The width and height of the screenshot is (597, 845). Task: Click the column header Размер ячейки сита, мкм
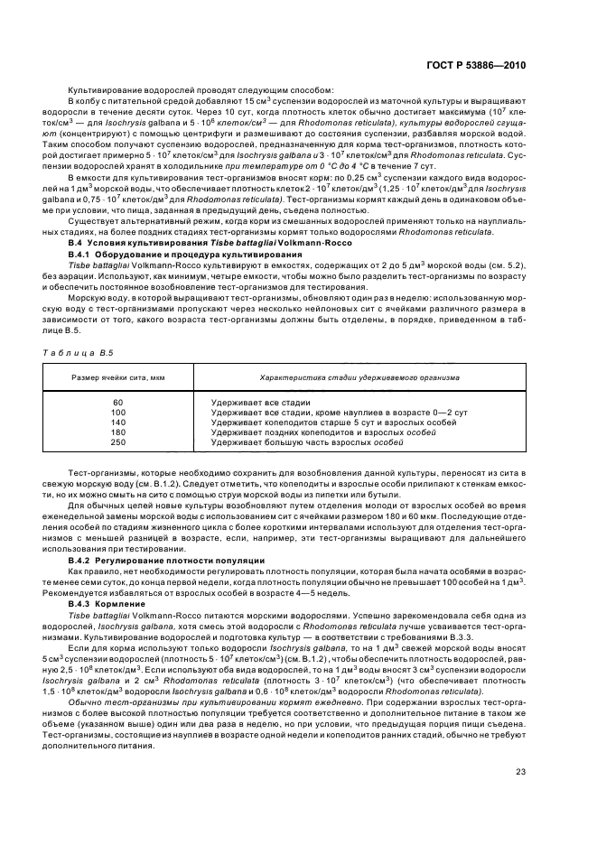(118, 377)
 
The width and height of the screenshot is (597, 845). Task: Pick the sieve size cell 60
(118, 402)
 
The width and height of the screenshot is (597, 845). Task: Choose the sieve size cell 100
(118, 412)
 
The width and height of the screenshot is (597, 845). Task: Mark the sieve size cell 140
(118, 422)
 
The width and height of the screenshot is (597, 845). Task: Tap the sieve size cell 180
(118, 432)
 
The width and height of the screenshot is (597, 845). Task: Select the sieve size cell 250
(118, 442)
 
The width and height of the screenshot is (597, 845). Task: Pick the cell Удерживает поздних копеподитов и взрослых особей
(321, 432)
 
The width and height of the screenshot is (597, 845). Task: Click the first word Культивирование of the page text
(98, 88)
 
